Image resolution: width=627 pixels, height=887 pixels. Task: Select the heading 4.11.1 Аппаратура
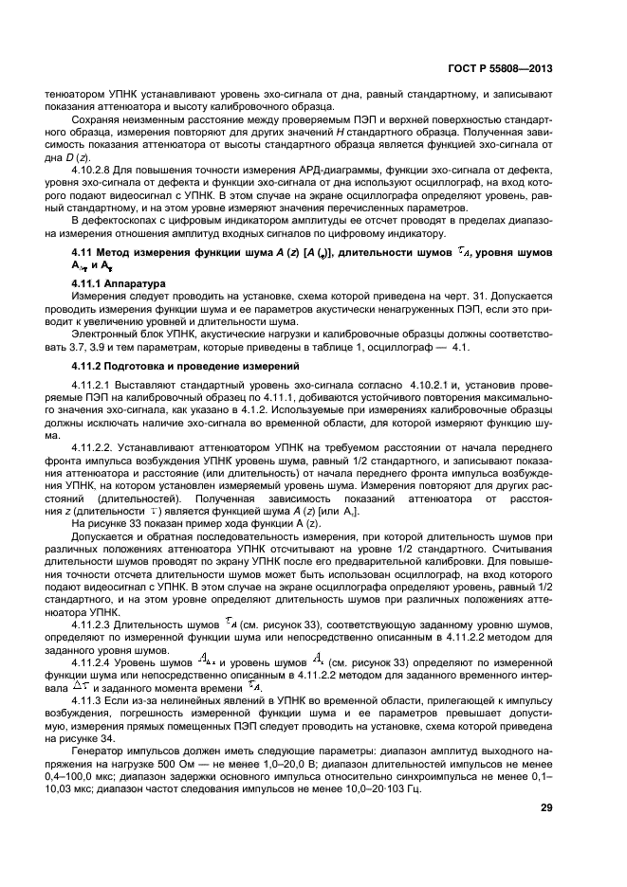[120, 283]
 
